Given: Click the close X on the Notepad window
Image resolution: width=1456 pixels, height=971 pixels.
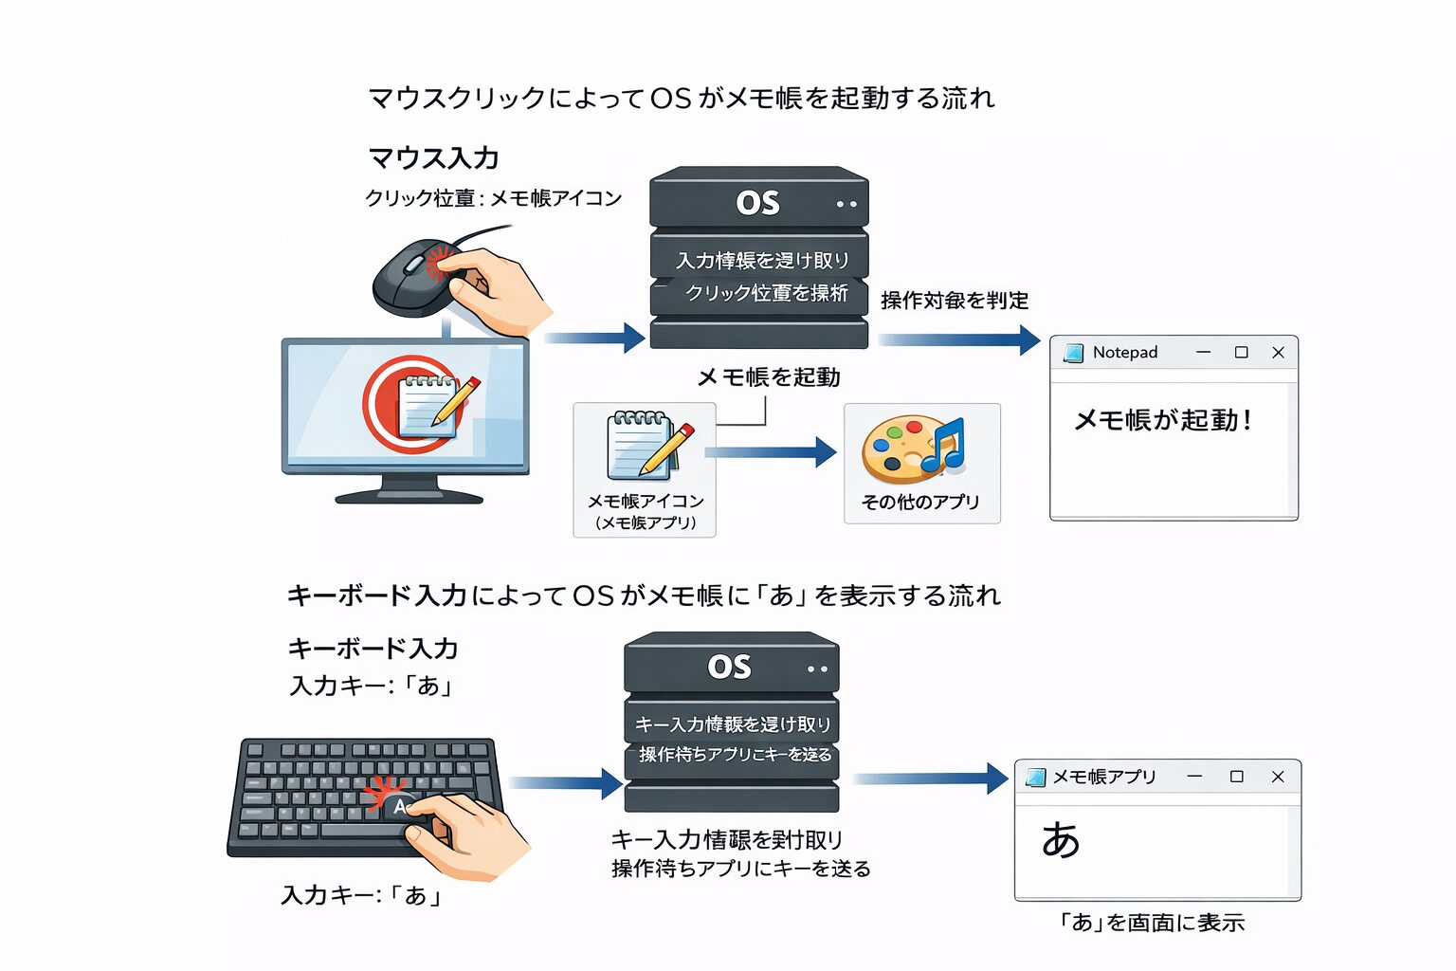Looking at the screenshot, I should click(x=1278, y=353).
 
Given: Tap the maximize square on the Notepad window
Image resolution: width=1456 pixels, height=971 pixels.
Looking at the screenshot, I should click(x=1241, y=353).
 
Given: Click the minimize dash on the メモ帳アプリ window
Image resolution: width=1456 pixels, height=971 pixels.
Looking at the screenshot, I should click(x=1194, y=777).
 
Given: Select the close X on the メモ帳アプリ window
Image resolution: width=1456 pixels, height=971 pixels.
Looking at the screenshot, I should click(x=1278, y=777).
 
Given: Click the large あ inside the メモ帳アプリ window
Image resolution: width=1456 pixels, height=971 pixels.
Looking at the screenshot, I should click(x=1060, y=840).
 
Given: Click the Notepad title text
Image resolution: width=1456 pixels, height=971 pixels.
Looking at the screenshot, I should click(x=1124, y=353).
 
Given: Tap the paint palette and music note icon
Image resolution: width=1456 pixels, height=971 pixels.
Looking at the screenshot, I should click(x=912, y=449).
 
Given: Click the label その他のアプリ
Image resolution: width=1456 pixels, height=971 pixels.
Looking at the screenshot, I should click(x=920, y=502).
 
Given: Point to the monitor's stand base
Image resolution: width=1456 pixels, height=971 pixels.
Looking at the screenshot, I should click(x=409, y=496).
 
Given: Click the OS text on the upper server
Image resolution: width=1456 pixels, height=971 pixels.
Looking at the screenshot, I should click(x=757, y=203).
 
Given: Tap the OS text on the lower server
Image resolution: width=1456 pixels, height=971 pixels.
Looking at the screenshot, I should click(x=729, y=668).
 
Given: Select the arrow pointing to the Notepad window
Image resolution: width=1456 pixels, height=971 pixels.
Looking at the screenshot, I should click(x=957, y=339).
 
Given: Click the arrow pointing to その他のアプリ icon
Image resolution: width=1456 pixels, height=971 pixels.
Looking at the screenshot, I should click(x=773, y=452).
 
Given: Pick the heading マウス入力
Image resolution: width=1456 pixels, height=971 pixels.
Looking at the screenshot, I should click(x=433, y=157).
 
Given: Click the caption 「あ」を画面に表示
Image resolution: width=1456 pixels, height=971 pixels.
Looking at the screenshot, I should click(x=1151, y=923).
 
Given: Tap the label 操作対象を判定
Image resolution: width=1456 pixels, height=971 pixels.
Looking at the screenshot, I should click(x=954, y=301).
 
